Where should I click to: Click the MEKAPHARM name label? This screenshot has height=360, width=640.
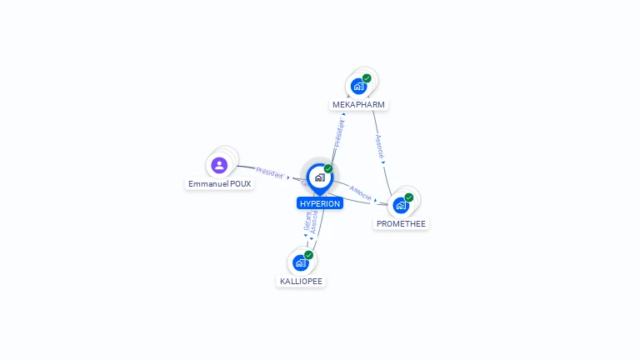point(359,105)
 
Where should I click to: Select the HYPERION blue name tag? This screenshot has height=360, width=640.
point(320,203)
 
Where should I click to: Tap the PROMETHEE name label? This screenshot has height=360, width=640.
point(401,223)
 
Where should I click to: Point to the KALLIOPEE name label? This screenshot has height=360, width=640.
point(301,281)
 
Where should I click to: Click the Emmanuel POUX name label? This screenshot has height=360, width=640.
point(219,183)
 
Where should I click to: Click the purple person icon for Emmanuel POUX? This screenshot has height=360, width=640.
point(219,165)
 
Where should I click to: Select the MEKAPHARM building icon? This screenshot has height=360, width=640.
point(358,86)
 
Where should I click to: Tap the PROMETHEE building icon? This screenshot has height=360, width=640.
point(401,205)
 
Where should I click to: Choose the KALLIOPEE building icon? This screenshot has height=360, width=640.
point(301,262)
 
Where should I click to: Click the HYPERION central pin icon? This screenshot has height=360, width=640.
point(319,177)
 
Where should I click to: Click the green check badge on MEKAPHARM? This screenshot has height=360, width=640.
point(367,78)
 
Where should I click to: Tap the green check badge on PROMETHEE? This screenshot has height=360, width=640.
point(409,197)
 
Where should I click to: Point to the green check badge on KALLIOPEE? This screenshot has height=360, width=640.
point(309,255)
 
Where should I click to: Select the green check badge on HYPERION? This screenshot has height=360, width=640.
point(328,169)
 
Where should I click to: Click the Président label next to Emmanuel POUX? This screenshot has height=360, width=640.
point(269,172)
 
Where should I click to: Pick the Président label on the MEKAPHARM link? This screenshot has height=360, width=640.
point(339,134)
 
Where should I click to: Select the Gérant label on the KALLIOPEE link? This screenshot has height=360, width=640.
point(307,222)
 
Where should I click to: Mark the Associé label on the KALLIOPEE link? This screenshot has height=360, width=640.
point(315,222)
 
